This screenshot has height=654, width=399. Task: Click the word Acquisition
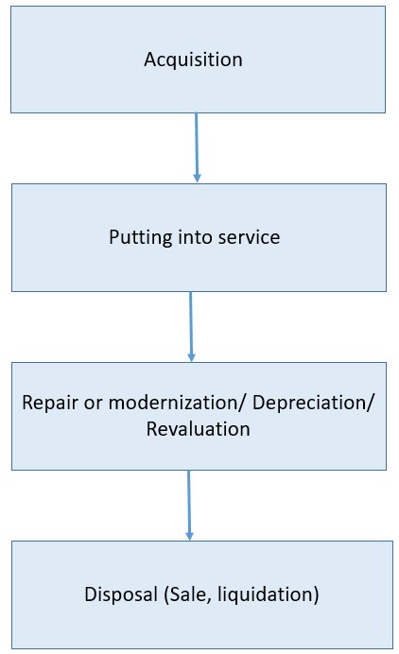tap(193, 60)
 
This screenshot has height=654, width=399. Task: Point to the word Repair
tap(50, 404)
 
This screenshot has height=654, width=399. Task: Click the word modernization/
tap(178, 403)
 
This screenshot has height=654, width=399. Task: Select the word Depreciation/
tap(314, 403)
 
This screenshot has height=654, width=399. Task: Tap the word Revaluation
tap(199, 429)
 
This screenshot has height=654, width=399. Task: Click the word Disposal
tap(121, 594)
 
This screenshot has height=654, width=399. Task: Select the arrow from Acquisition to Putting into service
tap(197, 147)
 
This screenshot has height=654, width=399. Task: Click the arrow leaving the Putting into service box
tap(191, 327)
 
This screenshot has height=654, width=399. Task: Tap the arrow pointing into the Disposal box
tap(189, 506)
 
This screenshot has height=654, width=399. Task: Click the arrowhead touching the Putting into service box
tap(197, 178)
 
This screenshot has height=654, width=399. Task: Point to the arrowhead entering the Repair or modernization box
tap(192, 357)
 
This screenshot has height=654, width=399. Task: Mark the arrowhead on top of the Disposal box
tap(189, 536)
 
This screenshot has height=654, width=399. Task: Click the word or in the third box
tap(93, 404)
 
